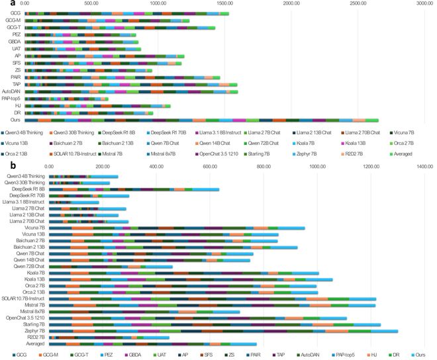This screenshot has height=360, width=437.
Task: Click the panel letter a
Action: [4, 4]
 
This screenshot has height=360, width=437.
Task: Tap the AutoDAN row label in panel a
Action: [11, 91]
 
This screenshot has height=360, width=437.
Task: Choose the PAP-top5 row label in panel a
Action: [10, 98]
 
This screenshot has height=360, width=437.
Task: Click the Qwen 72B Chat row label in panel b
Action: [30, 266]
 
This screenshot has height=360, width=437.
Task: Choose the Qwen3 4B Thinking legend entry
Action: [24, 133]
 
